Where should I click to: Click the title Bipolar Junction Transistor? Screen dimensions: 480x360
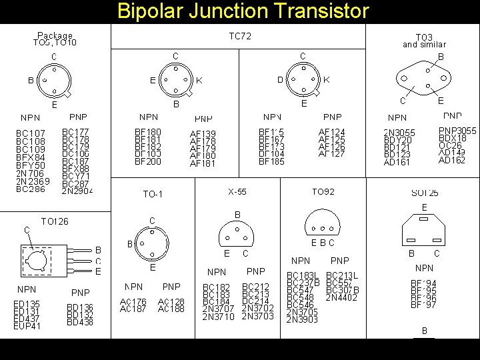(x=243, y=11)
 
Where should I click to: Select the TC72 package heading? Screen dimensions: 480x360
(x=240, y=37)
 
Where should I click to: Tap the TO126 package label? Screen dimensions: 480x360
(x=55, y=221)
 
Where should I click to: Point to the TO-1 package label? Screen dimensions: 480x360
(x=153, y=195)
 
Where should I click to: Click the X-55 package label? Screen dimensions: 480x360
(x=237, y=192)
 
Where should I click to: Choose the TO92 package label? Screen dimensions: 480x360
(x=323, y=192)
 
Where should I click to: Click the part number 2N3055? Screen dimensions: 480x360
(x=399, y=133)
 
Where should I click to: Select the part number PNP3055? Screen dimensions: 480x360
(x=457, y=131)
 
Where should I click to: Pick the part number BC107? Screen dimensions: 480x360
(x=31, y=133)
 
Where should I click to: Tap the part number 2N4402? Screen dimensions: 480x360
(x=342, y=297)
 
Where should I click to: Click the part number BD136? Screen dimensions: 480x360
(x=80, y=307)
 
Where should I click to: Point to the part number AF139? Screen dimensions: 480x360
(x=203, y=134)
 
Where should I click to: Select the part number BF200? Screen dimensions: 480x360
(x=148, y=161)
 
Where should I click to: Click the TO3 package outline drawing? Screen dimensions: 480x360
(x=422, y=79)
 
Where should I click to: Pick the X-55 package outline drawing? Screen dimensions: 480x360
(x=237, y=231)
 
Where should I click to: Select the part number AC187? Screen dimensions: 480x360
(x=133, y=309)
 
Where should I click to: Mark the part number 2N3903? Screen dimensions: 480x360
(x=303, y=319)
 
